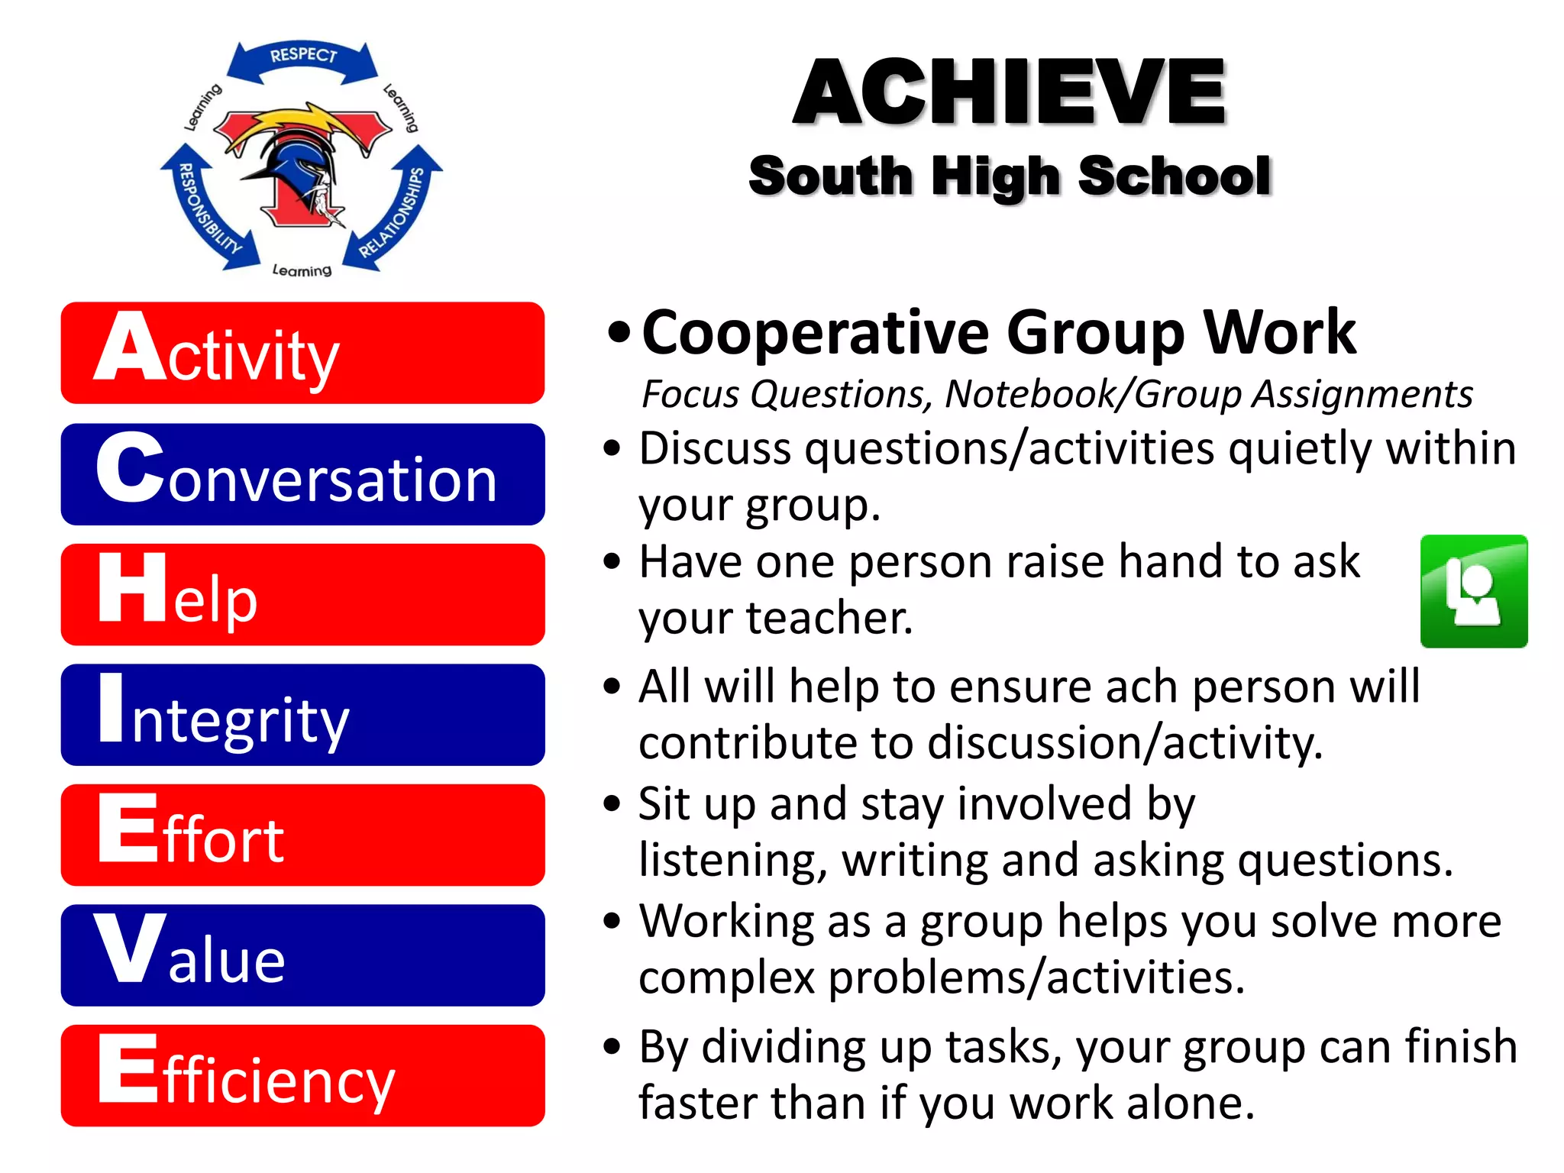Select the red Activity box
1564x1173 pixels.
302,353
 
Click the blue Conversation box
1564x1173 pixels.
302,474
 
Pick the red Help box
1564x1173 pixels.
302,595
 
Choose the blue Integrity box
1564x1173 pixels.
302,715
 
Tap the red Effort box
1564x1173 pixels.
302,835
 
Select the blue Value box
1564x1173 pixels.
302,955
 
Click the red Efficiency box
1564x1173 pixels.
302,1075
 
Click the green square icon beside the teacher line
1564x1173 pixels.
1473,591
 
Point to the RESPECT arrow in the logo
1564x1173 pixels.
303,60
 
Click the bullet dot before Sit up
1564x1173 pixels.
611,803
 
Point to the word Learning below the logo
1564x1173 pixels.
302,270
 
